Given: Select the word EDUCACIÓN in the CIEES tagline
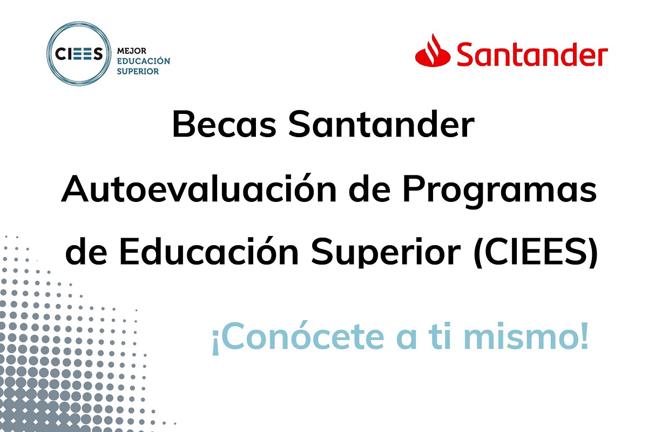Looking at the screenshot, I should tap(144, 60).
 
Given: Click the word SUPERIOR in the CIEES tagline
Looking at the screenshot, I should tap(138, 71).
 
